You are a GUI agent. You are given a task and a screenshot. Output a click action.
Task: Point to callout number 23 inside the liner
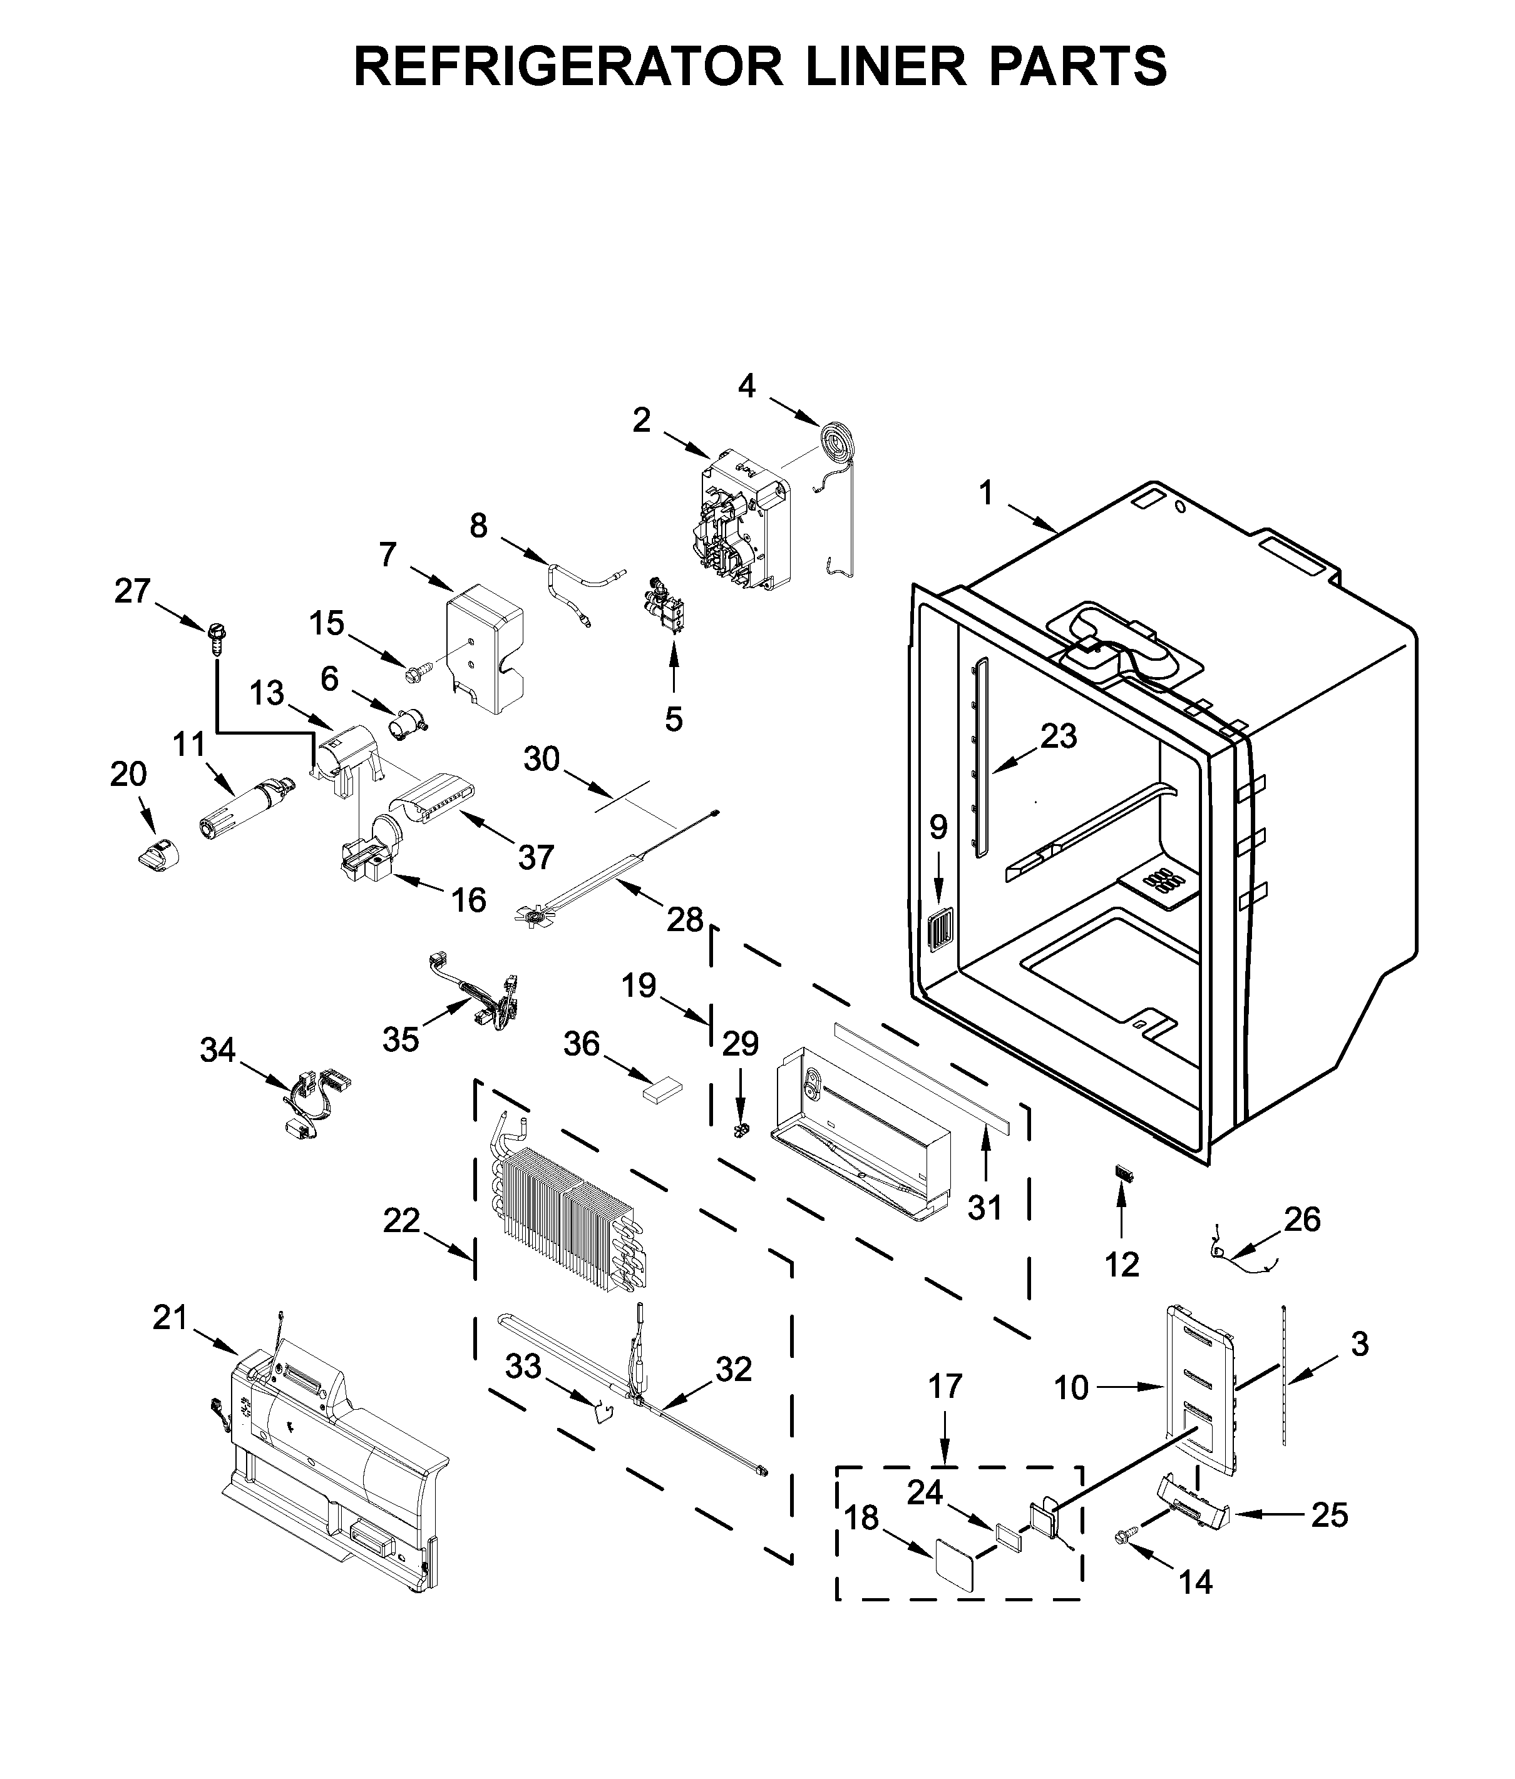1058,737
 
